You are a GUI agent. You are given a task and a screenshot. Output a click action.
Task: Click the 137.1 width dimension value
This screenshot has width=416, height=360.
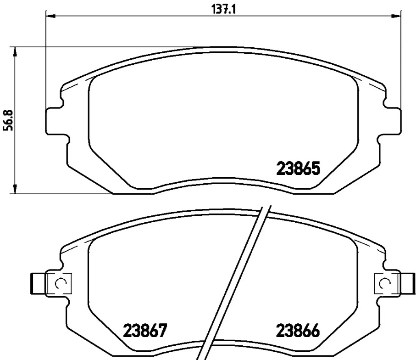pyautogui.click(x=223, y=10)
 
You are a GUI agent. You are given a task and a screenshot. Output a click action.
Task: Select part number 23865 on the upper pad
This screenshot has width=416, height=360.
pyautogui.click(x=298, y=169)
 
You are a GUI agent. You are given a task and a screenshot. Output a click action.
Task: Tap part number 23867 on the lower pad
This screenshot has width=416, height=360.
pyautogui.click(x=145, y=331)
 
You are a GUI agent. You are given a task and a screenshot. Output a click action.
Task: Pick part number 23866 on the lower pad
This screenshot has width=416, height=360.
pyautogui.click(x=298, y=331)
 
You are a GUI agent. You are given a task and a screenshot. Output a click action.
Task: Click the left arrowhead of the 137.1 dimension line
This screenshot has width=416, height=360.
pyautogui.click(x=51, y=17)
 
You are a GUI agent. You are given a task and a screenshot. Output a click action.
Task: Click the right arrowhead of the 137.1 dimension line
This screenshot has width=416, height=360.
pyautogui.click(x=395, y=17)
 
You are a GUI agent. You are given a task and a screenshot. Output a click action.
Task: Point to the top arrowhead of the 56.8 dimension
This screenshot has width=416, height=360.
pyautogui.click(x=15, y=52)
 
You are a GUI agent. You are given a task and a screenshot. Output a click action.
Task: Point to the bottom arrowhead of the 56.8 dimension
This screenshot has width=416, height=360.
pyautogui.click(x=15, y=189)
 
